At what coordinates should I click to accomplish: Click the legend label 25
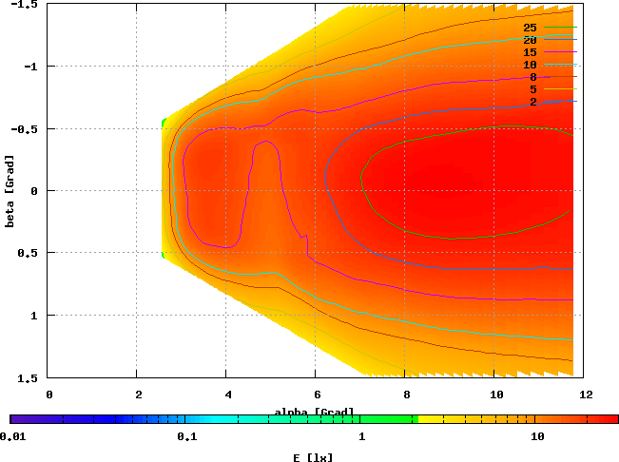pos(530,28)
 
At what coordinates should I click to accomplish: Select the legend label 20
pos(530,40)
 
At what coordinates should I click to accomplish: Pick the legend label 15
pos(530,52)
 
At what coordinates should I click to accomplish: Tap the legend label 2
pos(533,102)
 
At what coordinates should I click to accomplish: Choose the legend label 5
pos(533,89)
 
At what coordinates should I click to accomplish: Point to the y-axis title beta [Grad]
pos(9,191)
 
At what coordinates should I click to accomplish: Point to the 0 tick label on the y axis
pos(35,191)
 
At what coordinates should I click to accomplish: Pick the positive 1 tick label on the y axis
pos(35,315)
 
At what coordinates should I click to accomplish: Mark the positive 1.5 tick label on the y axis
pos(29,376)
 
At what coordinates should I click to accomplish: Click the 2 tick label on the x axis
pos(138,393)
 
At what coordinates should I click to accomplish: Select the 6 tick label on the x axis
pos(316,393)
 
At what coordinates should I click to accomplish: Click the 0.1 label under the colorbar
pos(186,437)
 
